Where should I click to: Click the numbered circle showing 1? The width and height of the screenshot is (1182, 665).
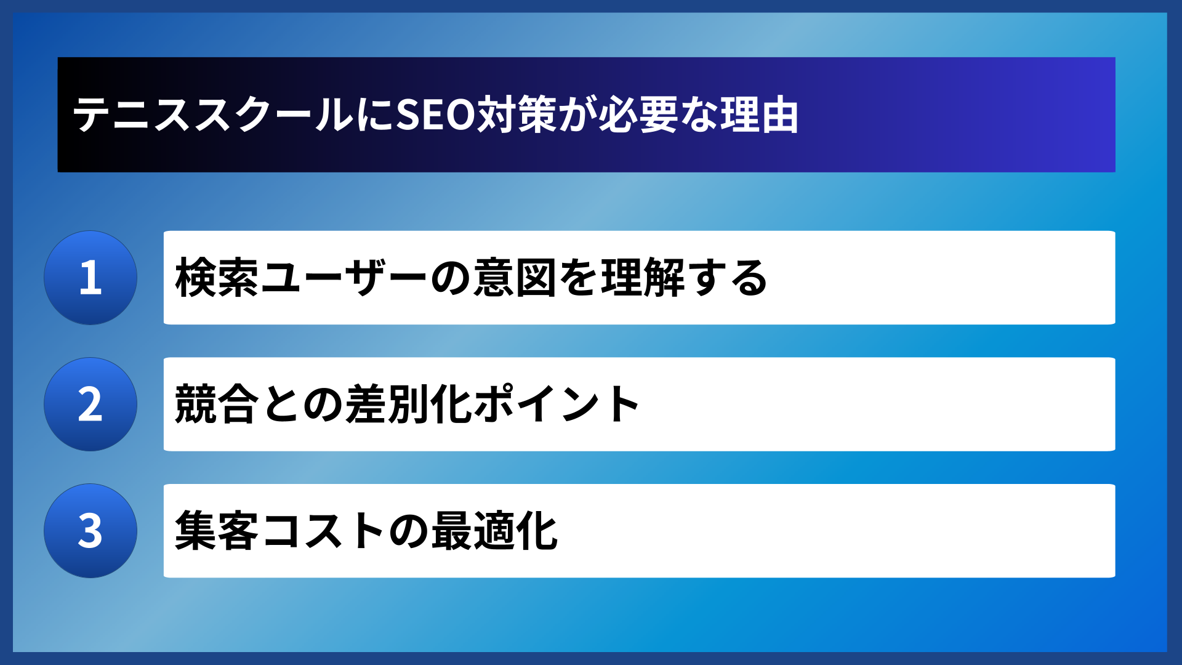[90, 278]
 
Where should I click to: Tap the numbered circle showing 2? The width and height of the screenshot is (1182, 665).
[90, 405]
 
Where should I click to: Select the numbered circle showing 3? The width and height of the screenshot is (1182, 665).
[90, 531]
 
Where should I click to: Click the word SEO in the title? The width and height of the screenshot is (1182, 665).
[435, 115]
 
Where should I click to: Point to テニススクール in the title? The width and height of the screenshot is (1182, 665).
[212, 115]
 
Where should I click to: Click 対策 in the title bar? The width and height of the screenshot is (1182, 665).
[517, 115]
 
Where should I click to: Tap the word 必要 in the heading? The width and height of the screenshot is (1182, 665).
[637, 115]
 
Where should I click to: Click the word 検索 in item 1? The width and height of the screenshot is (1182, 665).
[217, 278]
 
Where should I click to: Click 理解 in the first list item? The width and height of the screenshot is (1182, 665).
[643, 278]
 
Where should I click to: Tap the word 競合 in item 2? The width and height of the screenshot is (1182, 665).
[217, 405]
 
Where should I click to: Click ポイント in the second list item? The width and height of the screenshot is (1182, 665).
[557, 405]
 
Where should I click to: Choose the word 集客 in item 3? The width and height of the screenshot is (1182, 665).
[217, 531]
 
